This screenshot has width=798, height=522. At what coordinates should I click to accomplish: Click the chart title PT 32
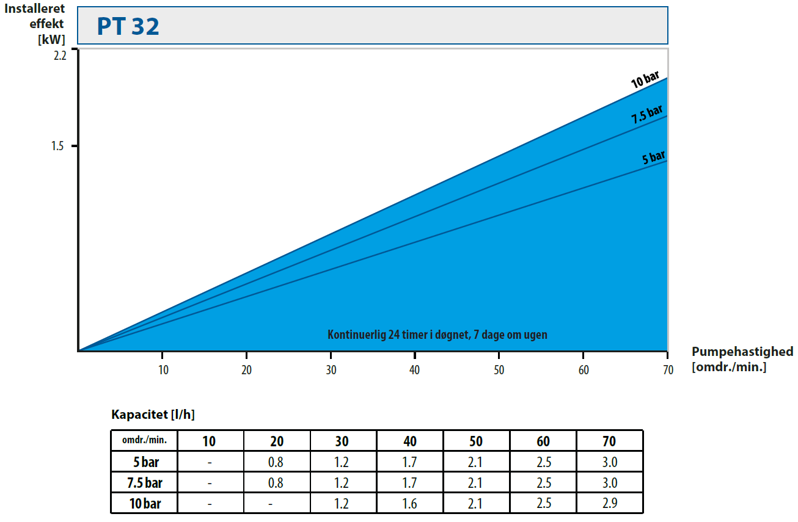point(128,26)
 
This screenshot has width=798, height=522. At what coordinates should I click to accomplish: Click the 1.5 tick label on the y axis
point(59,147)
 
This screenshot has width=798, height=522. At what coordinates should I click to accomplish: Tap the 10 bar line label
point(645,79)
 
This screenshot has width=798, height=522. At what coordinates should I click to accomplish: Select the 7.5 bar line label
point(647,114)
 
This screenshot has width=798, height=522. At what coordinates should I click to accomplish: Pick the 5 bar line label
point(653,158)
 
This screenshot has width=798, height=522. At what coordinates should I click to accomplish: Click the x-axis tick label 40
point(415,370)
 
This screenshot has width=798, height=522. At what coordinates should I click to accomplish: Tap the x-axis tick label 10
point(163,370)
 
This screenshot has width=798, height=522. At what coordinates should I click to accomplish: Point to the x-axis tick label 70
point(667,370)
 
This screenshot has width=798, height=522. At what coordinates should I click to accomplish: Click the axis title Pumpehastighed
point(742,352)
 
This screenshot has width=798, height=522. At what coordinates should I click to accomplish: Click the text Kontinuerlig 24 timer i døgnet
point(437,335)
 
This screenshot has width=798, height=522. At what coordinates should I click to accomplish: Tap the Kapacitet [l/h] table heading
point(153,415)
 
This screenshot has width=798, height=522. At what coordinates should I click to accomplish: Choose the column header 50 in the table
point(476,441)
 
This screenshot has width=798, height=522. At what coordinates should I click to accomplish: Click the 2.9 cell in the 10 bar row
point(609,504)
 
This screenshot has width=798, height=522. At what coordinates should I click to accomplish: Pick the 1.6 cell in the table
point(409,504)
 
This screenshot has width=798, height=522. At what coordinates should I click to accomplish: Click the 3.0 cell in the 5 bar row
point(609,462)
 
